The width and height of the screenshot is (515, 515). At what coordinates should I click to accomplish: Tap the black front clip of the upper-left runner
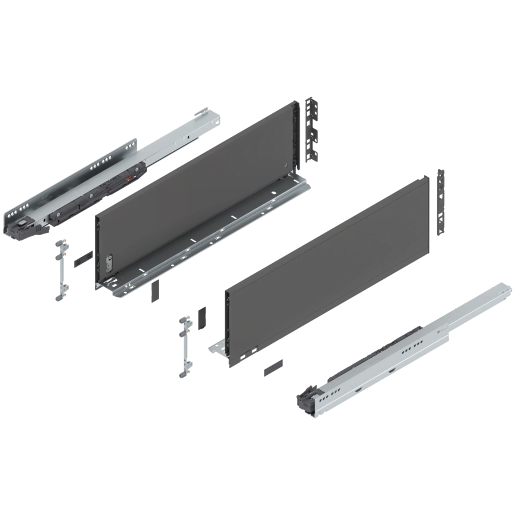pyautogui.click(x=21, y=224)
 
